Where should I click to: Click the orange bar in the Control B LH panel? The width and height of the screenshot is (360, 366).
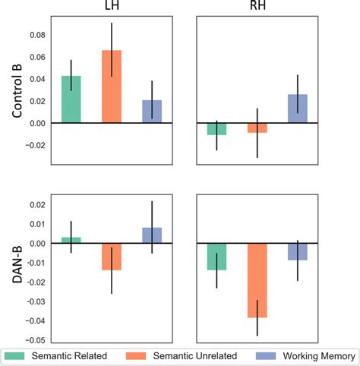[112, 87]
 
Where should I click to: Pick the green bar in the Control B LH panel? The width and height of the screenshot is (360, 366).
[71, 99]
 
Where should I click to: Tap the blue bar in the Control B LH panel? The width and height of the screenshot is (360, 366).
[152, 111]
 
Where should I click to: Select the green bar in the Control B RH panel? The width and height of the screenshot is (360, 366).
[217, 129]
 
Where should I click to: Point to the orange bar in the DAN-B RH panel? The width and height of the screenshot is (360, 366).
[257, 281]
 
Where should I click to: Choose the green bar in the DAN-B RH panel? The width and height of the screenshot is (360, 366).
[217, 257]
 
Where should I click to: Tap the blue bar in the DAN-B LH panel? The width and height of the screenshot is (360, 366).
[152, 235]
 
